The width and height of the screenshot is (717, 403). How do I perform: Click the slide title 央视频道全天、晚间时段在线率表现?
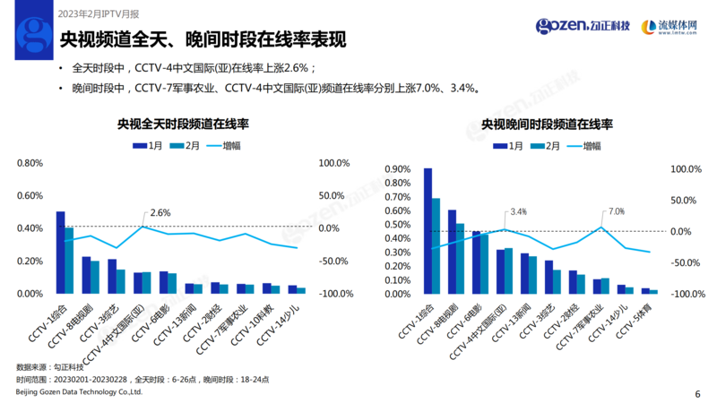(x=203, y=40)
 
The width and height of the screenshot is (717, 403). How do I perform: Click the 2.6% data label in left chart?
(x=160, y=212)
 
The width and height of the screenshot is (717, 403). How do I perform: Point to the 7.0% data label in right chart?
(x=616, y=211)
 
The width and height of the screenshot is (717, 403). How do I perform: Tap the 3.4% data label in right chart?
(x=518, y=211)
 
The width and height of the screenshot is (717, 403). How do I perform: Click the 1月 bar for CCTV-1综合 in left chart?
(x=60, y=252)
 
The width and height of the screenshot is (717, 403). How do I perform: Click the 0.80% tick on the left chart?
(x=30, y=163)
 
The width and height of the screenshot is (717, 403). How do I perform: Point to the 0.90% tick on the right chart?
(x=396, y=169)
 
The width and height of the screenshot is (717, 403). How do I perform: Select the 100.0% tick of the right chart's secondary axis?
(x=687, y=169)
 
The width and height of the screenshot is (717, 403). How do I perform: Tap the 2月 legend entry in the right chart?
(x=546, y=145)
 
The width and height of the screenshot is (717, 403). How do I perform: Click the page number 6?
(x=697, y=392)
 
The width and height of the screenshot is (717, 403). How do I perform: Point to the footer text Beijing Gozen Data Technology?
(x=80, y=392)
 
